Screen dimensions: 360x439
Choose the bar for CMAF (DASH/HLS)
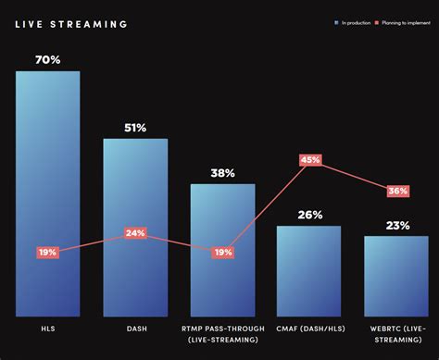coord(309,273)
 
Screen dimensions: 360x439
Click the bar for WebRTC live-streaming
coord(396,278)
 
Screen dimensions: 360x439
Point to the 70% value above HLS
coord(48,59)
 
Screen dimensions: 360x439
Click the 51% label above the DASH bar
coord(135,128)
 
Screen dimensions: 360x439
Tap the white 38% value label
coord(222,172)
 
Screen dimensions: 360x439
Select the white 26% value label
coord(309,215)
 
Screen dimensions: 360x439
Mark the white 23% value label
coord(396,225)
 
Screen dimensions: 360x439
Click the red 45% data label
coord(309,160)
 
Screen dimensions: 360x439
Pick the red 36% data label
coord(396,191)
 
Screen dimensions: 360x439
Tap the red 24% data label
coord(135,233)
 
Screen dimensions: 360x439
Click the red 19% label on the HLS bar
coord(48,252)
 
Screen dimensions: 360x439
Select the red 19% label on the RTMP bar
coord(222,252)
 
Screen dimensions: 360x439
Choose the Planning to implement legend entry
coord(404,20)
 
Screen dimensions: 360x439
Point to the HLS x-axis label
coord(48,329)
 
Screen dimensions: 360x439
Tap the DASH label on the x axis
coord(135,329)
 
